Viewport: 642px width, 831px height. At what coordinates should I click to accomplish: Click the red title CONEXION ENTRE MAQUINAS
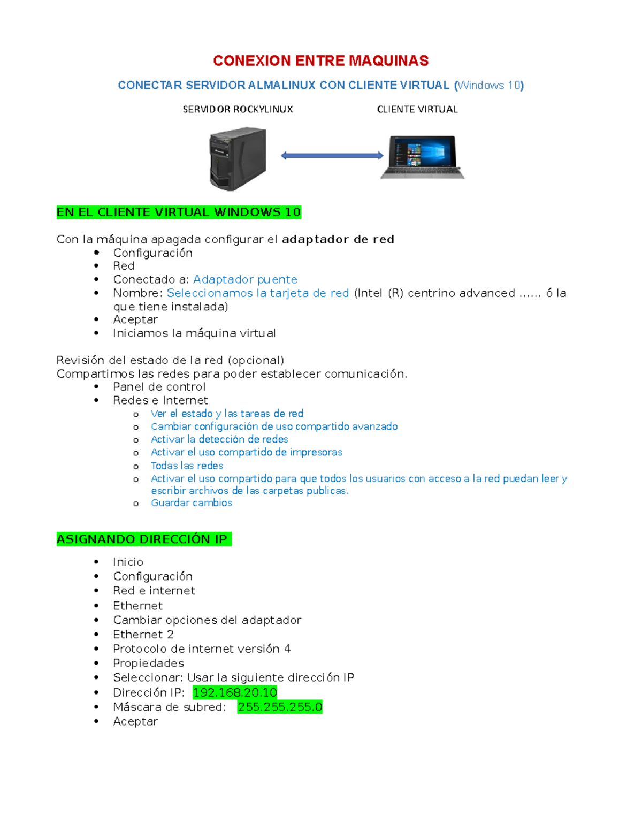coord(321,61)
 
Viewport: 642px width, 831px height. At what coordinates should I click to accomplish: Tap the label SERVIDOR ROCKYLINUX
coord(238,109)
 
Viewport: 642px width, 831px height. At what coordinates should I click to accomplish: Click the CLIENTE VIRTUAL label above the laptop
coord(417,109)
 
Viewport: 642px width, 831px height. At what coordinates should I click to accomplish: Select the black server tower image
coord(238,159)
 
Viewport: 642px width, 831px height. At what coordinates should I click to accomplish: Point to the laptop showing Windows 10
coord(423,157)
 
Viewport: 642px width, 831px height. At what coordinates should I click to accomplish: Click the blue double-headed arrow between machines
coord(332,155)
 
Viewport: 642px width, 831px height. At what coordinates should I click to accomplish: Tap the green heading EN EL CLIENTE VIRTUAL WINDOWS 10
coord(179,212)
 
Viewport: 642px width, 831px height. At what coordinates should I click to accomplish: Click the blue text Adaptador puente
coord(245,279)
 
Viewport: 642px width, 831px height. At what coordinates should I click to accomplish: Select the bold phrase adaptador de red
coord(338,239)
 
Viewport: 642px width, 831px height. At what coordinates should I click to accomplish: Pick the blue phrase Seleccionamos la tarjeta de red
coord(258,293)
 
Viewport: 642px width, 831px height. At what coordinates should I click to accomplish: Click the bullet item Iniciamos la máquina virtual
coord(194,333)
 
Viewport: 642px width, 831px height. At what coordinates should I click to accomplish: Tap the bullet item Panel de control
coord(159,387)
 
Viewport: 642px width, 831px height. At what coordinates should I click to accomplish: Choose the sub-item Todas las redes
coord(187,466)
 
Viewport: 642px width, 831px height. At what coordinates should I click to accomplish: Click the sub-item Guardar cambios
coord(192,503)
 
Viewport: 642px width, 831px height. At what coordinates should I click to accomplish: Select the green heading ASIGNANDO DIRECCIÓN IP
coord(144,539)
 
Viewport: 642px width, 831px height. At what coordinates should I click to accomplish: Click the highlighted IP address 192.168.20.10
coord(235,692)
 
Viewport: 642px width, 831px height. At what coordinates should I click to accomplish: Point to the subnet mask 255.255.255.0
coord(280,707)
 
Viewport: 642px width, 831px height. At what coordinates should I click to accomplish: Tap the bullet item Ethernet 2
coord(143,635)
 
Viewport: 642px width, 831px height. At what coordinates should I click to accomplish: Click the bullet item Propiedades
coord(148,663)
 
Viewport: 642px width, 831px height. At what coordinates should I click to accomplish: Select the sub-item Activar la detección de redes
coord(219,439)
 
